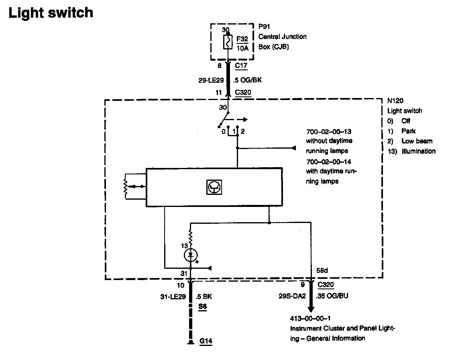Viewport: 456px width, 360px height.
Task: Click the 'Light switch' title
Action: coord(51,13)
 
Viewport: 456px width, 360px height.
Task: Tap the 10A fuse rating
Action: coord(242,48)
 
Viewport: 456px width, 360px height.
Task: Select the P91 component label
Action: coord(263,27)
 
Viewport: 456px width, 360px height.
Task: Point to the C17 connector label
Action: coord(241,65)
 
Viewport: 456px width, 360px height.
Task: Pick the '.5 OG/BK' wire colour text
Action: coord(248,80)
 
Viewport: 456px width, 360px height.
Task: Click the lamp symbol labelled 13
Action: coord(191,254)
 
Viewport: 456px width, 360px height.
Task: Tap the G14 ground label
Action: coord(206,342)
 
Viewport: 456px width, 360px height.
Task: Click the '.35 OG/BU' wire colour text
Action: coord(333,297)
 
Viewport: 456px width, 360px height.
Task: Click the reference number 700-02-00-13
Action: coord(329,131)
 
